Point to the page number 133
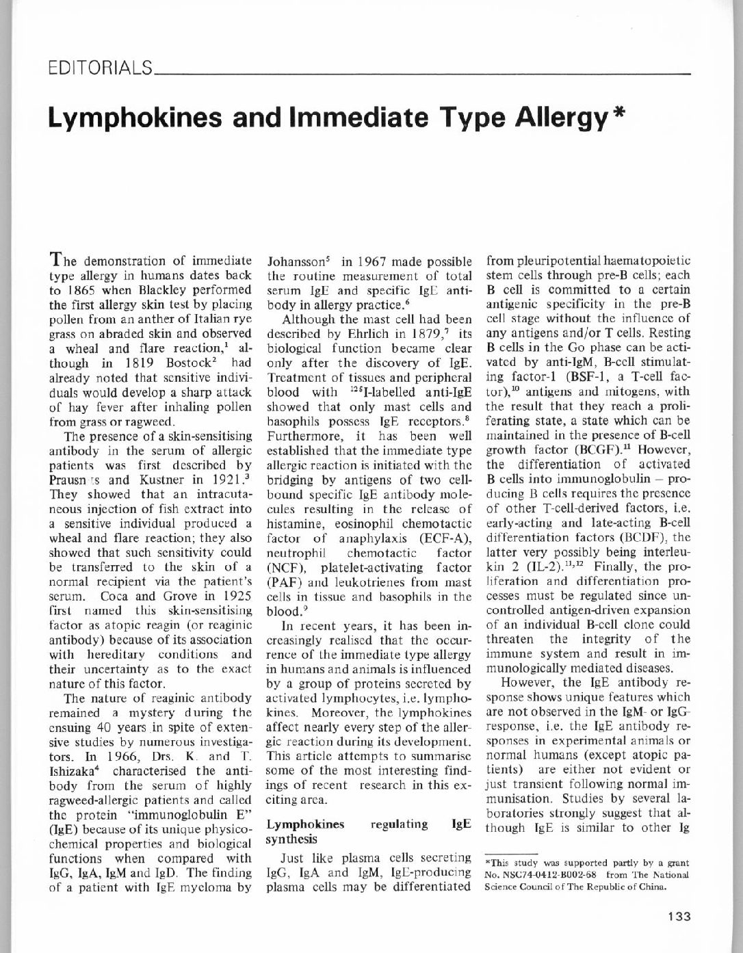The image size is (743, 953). click(680, 917)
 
